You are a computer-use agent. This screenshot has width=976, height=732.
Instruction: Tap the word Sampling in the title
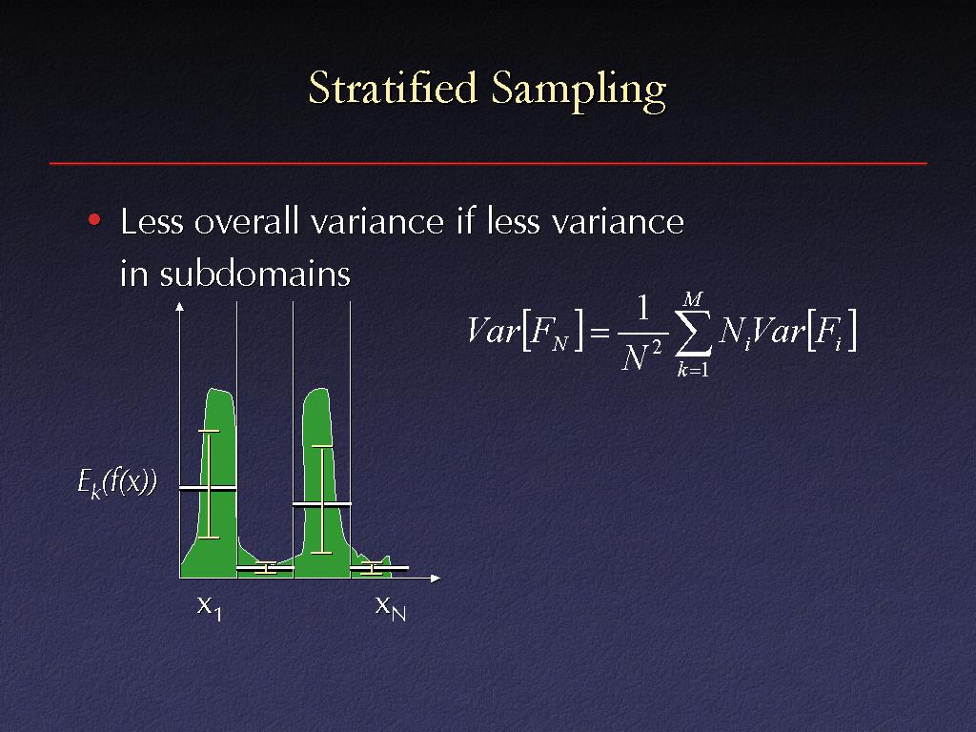click(579, 91)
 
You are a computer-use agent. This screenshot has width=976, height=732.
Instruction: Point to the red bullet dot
click(94, 220)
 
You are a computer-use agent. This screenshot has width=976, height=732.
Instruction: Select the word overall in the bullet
click(247, 221)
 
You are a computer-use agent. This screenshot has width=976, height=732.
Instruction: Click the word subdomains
click(255, 273)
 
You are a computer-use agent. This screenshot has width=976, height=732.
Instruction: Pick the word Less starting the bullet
click(152, 221)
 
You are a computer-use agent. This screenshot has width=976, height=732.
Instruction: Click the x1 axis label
click(209, 607)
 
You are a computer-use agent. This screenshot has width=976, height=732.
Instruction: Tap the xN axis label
click(390, 607)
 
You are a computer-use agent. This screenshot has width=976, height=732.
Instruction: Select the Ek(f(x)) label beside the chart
click(117, 482)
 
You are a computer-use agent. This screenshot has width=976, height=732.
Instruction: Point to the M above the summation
click(692, 299)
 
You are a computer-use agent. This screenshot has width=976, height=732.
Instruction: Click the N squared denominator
click(641, 356)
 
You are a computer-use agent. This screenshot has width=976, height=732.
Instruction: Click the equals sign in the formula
click(599, 334)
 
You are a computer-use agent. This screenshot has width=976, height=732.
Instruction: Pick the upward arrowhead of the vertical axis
click(180, 306)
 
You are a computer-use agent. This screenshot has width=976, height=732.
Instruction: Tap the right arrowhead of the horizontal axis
click(436, 579)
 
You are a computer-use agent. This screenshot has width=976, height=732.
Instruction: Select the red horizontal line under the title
click(488, 163)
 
